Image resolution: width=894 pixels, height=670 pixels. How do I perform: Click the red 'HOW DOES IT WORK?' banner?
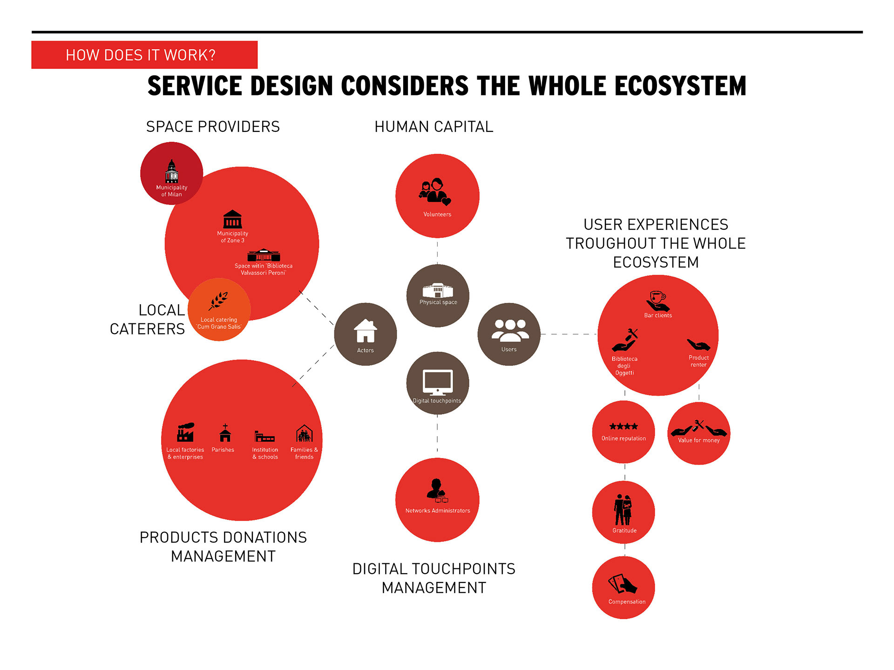pyautogui.click(x=144, y=55)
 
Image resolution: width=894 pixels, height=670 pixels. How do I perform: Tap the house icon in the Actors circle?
pyautogui.click(x=366, y=331)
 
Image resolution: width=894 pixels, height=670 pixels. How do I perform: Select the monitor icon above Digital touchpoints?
pyautogui.click(x=438, y=382)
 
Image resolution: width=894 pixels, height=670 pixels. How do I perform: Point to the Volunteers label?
pyautogui.click(x=437, y=214)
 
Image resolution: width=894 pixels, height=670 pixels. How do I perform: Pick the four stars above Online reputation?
pyautogui.click(x=623, y=426)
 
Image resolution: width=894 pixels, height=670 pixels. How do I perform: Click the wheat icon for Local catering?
pyautogui.click(x=218, y=301)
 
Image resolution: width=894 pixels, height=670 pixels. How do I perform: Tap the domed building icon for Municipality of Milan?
pyautogui.click(x=172, y=171)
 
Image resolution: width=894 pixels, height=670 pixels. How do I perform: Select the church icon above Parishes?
pyautogui.click(x=225, y=432)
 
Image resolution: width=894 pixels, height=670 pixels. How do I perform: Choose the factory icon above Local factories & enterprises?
pyautogui.click(x=185, y=432)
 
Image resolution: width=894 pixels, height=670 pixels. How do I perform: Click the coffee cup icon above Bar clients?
pyautogui.click(x=657, y=301)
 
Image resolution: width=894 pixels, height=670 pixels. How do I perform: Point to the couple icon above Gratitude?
pyautogui.click(x=623, y=510)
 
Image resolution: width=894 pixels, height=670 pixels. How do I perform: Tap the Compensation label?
pyautogui.click(x=627, y=602)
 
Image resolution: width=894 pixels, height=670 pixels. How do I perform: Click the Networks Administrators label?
pyautogui.click(x=438, y=511)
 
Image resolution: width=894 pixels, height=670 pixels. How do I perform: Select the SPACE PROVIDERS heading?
pyautogui.click(x=213, y=127)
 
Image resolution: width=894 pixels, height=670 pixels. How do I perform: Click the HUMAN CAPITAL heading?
pyautogui.click(x=434, y=127)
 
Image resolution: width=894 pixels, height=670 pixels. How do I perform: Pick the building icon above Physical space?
pyautogui.click(x=438, y=290)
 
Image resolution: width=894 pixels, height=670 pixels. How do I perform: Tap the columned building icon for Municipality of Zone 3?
pyautogui.click(x=232, y=219)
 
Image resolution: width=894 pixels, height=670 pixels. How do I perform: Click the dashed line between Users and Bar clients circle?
pyautogui.click(x=569, y=334)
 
